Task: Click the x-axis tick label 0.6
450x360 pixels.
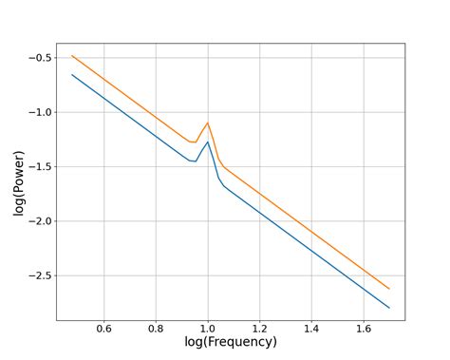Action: tap(103, 329)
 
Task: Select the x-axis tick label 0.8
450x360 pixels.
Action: tap(156, 329)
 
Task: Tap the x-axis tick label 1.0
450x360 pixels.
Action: tap(208, 329)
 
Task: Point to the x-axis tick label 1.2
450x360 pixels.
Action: tap(260, 329)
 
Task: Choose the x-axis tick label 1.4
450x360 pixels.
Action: tap(312, 329)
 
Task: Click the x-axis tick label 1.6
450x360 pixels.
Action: tap(364, 329)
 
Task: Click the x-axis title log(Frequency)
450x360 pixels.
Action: tap(231, 342)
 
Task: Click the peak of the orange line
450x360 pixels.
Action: tap(208, 123)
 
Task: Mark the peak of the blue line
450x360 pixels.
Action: tap(208, 142)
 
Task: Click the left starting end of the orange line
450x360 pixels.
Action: tap(72, 56)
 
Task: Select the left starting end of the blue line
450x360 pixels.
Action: tap(72, 74)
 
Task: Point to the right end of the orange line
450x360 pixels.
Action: tap(389, 289)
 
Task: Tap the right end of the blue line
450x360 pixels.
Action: tap(389, 308)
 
